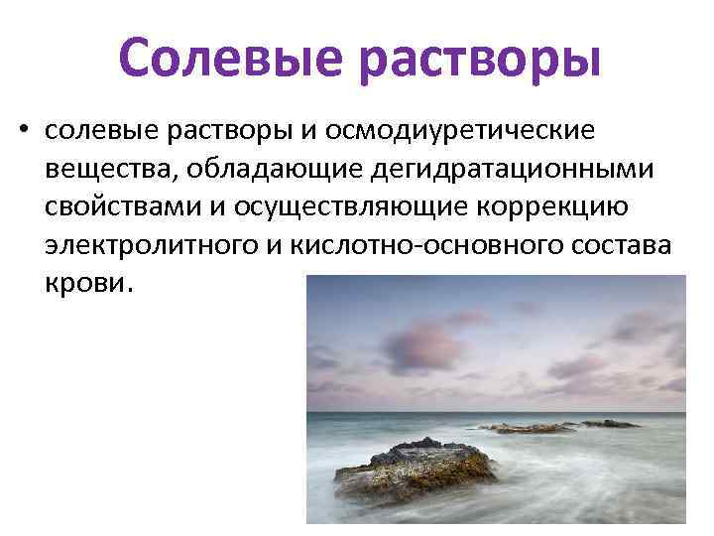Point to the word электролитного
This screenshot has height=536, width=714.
coord(148,245)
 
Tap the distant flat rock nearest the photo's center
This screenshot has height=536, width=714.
coord(525,428)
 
